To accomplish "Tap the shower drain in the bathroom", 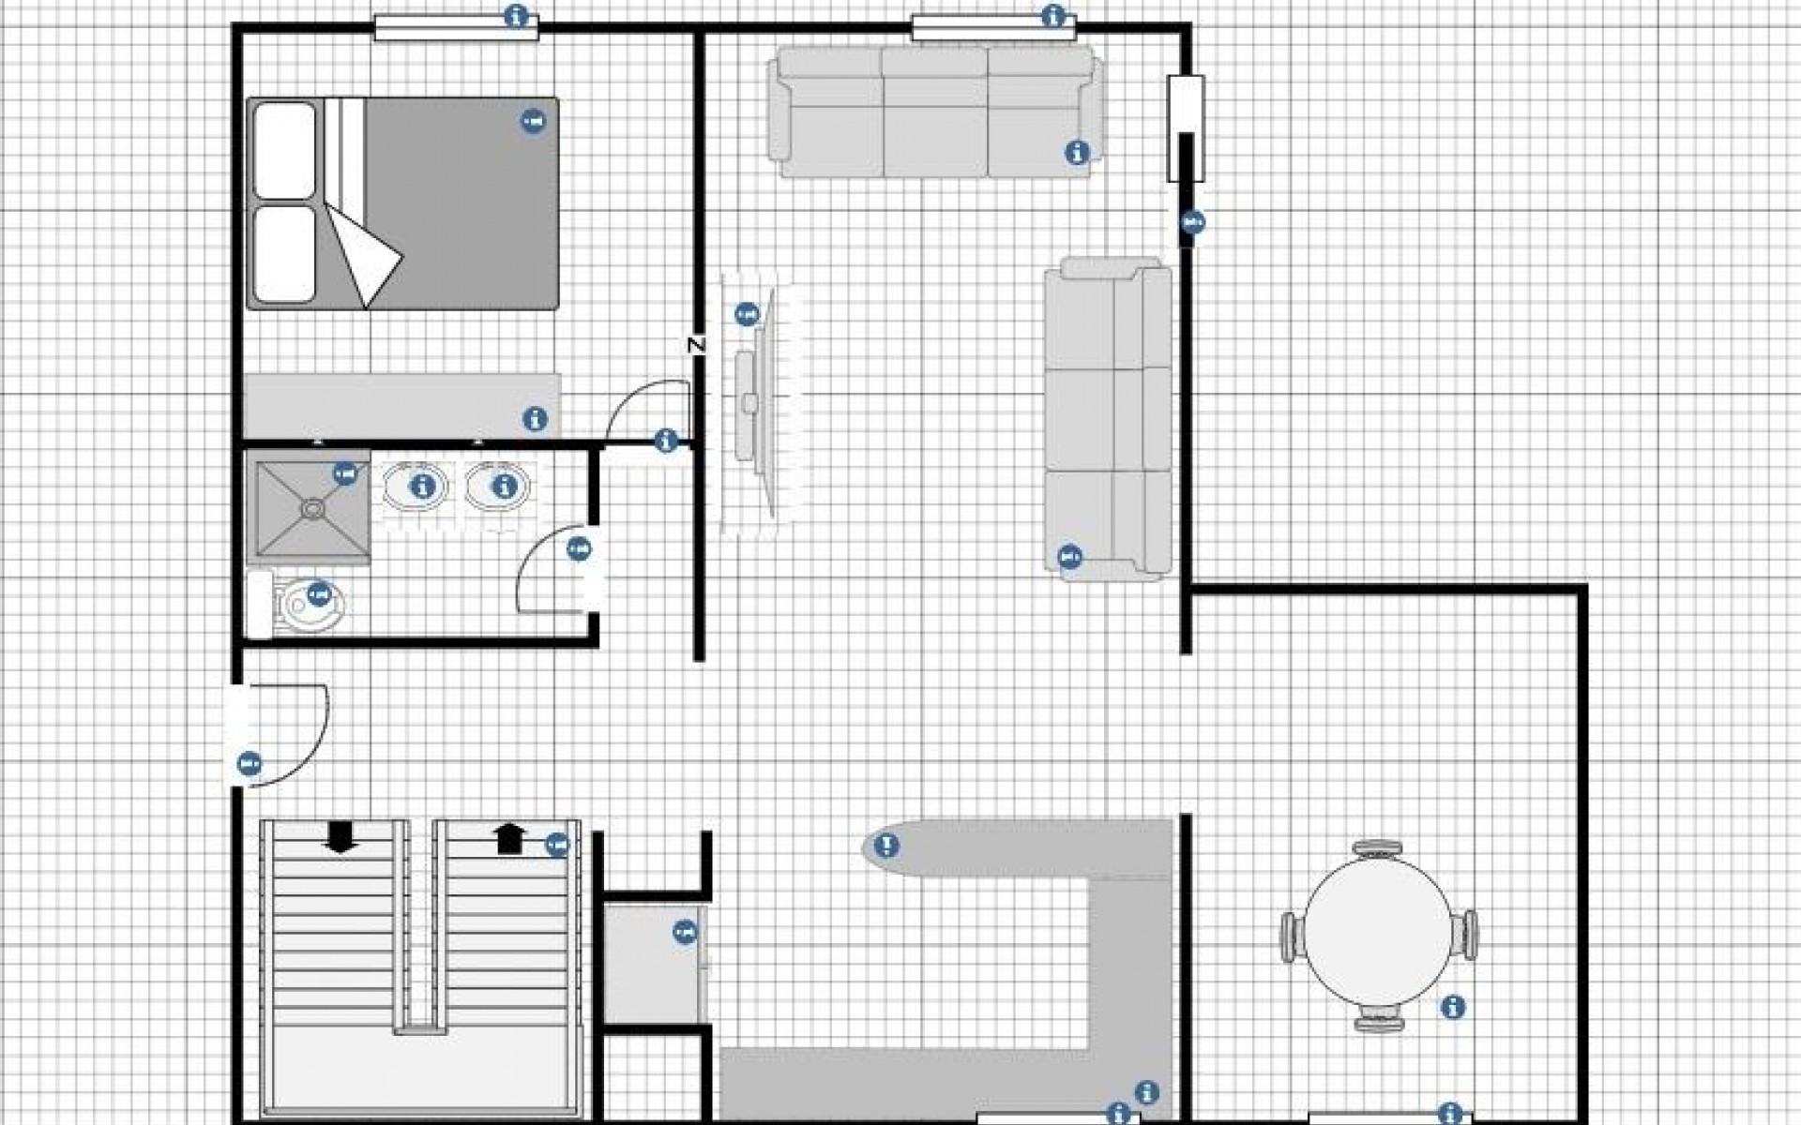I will coord(310,509).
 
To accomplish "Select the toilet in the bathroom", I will coord(305,605).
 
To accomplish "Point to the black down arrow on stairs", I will coord(340,836).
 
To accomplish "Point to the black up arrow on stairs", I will coord(508,837).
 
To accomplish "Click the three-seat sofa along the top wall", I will coord(934,112).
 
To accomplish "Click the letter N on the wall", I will coord(695,345).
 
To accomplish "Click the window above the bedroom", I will coord(456,28).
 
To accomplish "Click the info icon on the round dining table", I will coord(1452,1007).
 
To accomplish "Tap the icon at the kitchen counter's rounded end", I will coord(885,847).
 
